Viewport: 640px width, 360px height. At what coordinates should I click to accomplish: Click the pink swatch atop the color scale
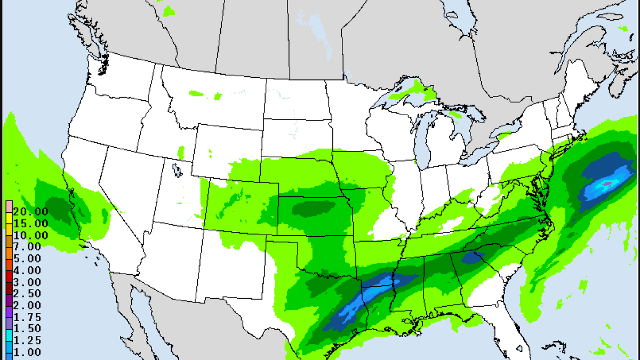pyautogui.click(x=9, y=206)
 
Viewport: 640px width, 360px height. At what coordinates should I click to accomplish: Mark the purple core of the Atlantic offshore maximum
pyautogui.click(x=606, y=184)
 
